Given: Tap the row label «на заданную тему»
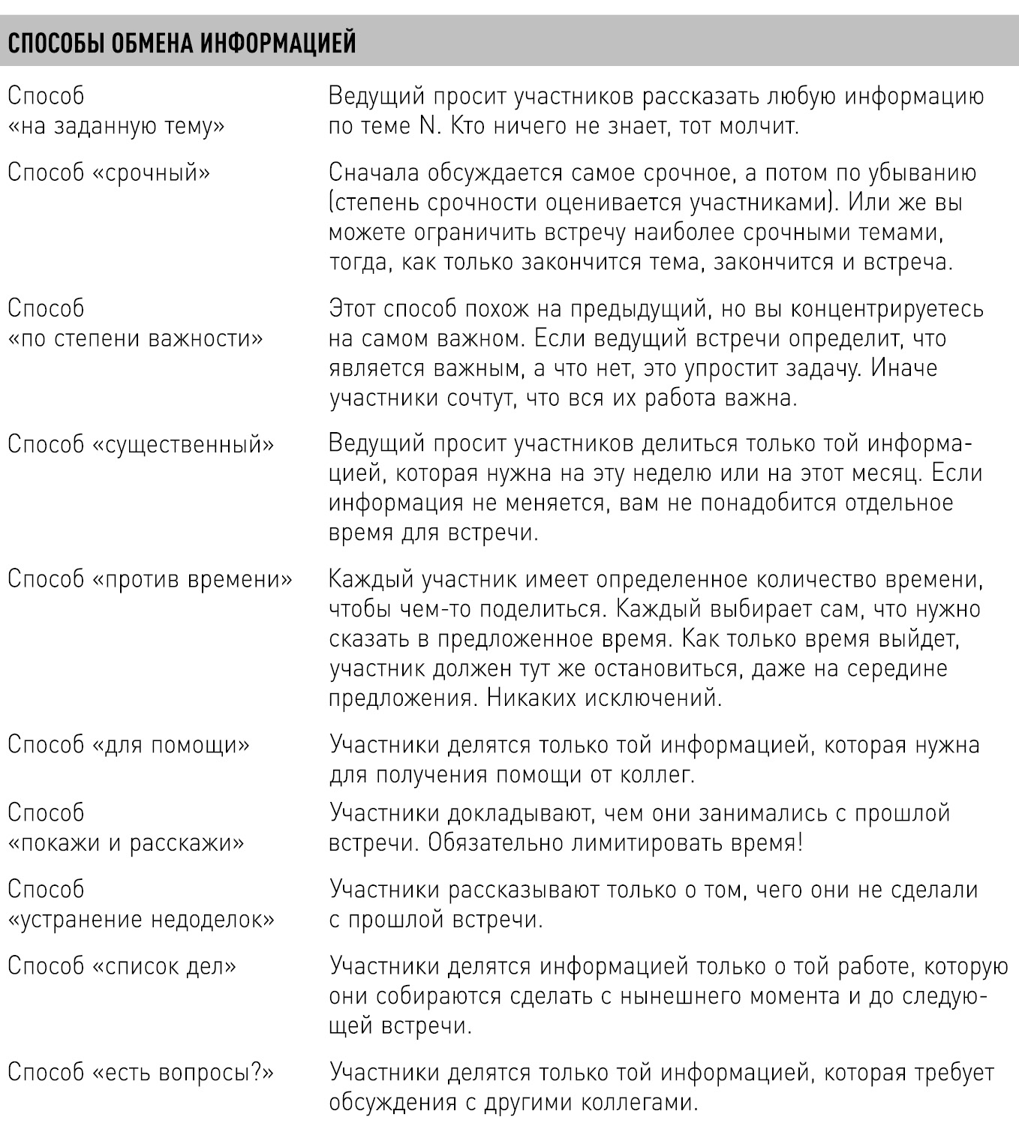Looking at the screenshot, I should click(116, 127).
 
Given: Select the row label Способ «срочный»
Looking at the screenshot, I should click(109, 173).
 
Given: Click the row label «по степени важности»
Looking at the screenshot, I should click(135, 339).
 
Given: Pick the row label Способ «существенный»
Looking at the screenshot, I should click(141, 444).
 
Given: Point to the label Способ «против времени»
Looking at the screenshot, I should click(150, 580).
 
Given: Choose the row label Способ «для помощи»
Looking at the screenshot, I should click(128, 745).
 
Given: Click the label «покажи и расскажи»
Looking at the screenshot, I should click(126, 843).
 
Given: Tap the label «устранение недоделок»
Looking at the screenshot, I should click(141, 920).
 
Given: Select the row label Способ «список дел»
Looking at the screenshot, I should click(122, 966).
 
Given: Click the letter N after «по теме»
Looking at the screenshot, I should click(428, 127).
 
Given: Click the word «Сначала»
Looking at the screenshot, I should click(373, 173).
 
